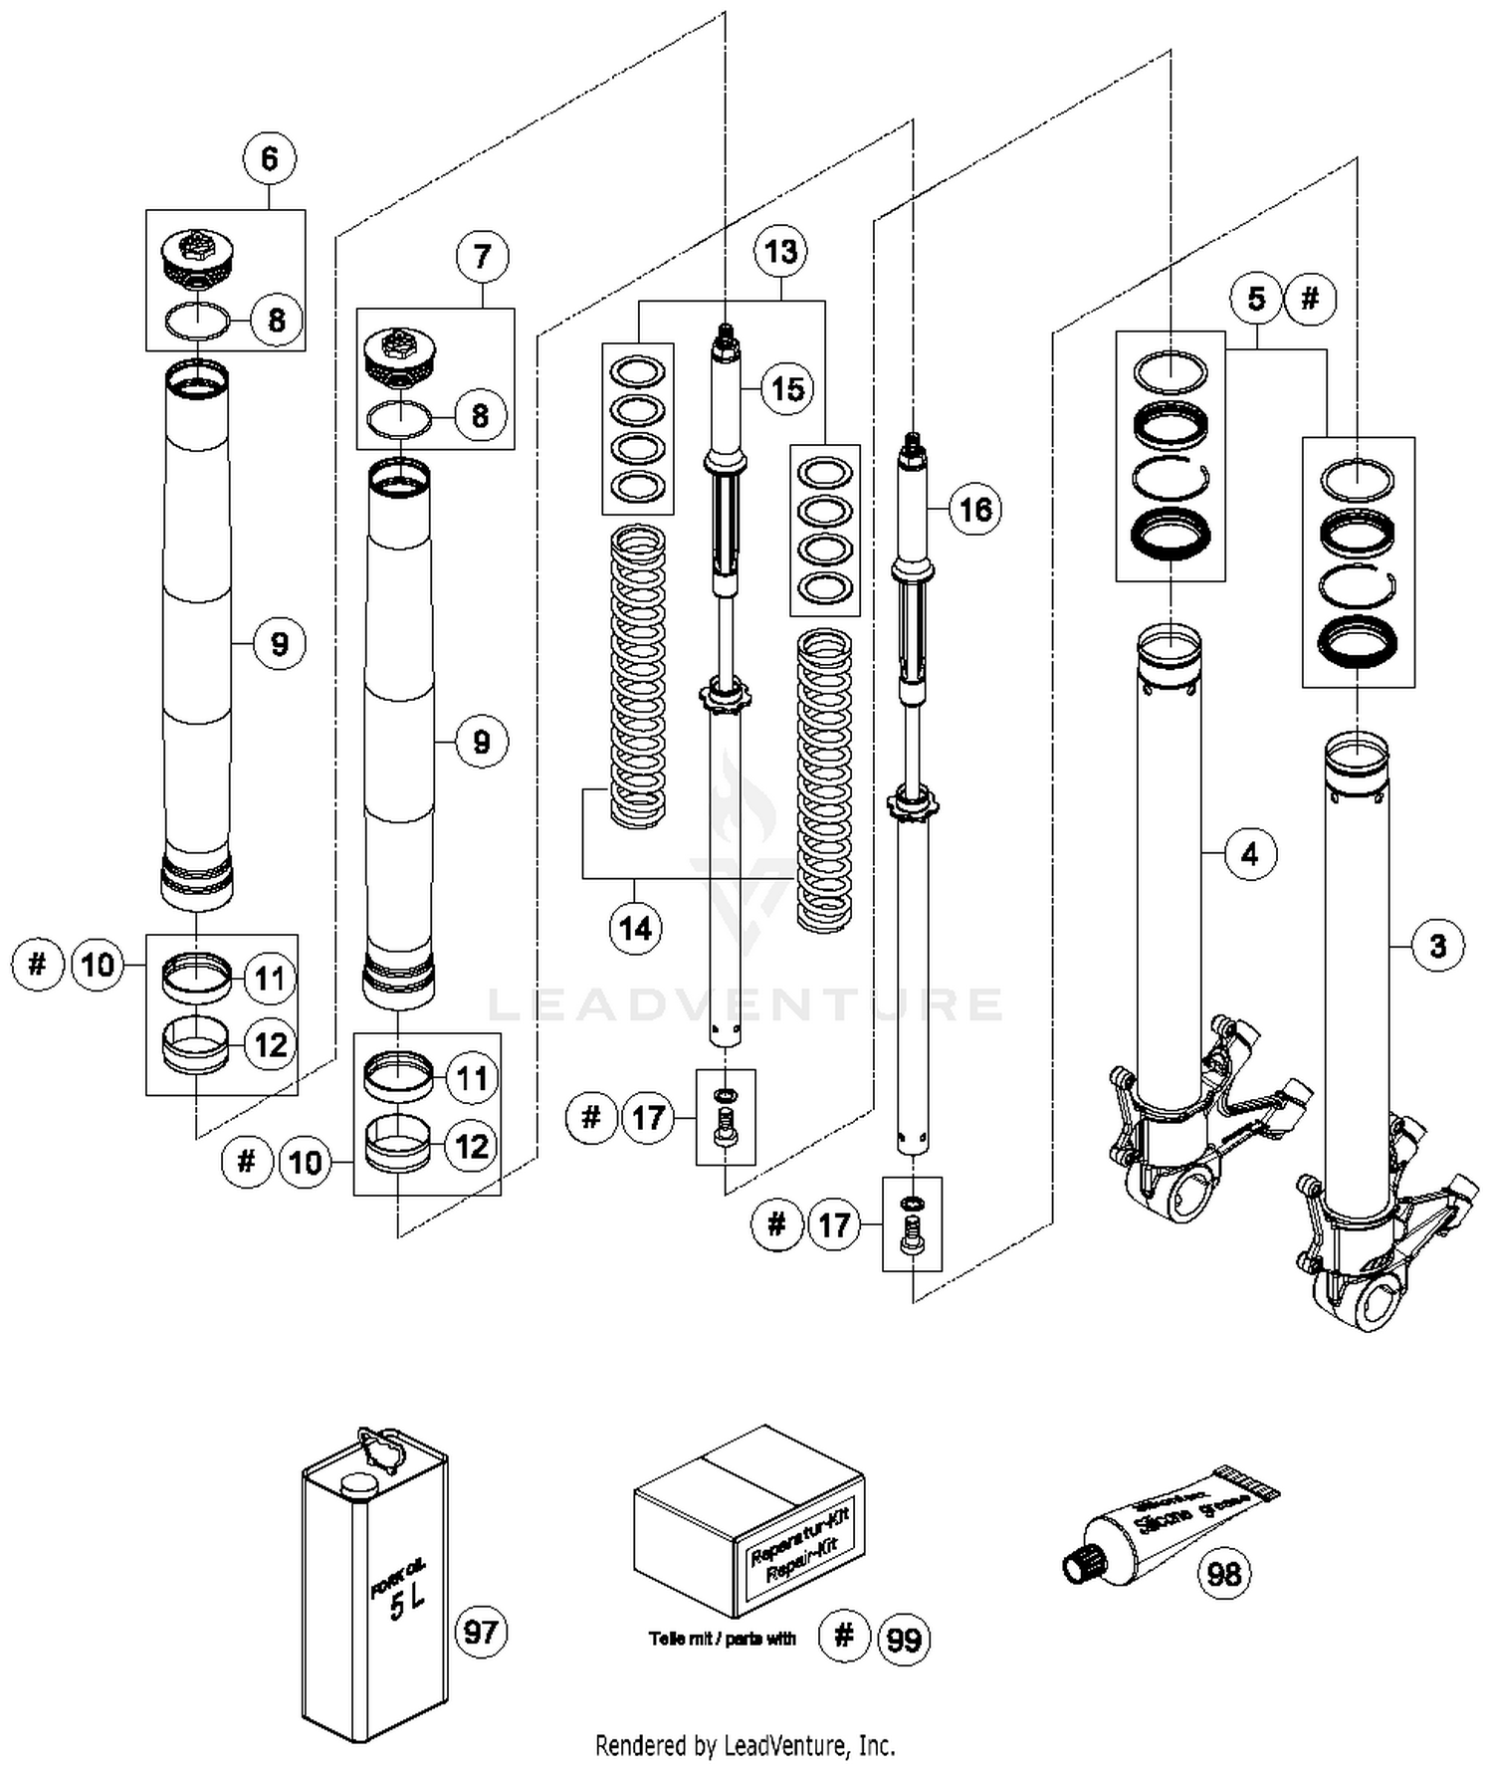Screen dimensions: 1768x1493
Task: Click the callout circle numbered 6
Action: click(270, 159)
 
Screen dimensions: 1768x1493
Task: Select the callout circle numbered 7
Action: click(483, 257)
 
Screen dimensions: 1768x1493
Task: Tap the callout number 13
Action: click(780, 252)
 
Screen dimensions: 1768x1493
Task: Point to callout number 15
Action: click(787, 388)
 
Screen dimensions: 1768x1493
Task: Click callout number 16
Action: click(974, 510)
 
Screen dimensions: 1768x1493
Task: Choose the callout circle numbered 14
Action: click(635, 929)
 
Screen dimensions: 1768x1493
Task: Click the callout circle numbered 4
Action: click(1250, 853)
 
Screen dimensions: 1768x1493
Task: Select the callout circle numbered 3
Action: click(1437, 945)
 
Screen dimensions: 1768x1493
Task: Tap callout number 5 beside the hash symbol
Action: click(1256, 299)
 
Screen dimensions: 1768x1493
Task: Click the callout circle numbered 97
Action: click(481, 1632)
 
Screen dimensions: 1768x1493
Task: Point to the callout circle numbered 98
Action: click(1223, 1574)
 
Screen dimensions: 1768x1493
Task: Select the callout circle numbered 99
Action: click(904, 1639)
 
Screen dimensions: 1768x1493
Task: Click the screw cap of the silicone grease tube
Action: click(1079, 1563)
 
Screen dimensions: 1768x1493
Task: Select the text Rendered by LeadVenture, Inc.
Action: click(745, 1744)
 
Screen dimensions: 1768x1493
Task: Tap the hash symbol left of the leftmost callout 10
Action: click(38, 964)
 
